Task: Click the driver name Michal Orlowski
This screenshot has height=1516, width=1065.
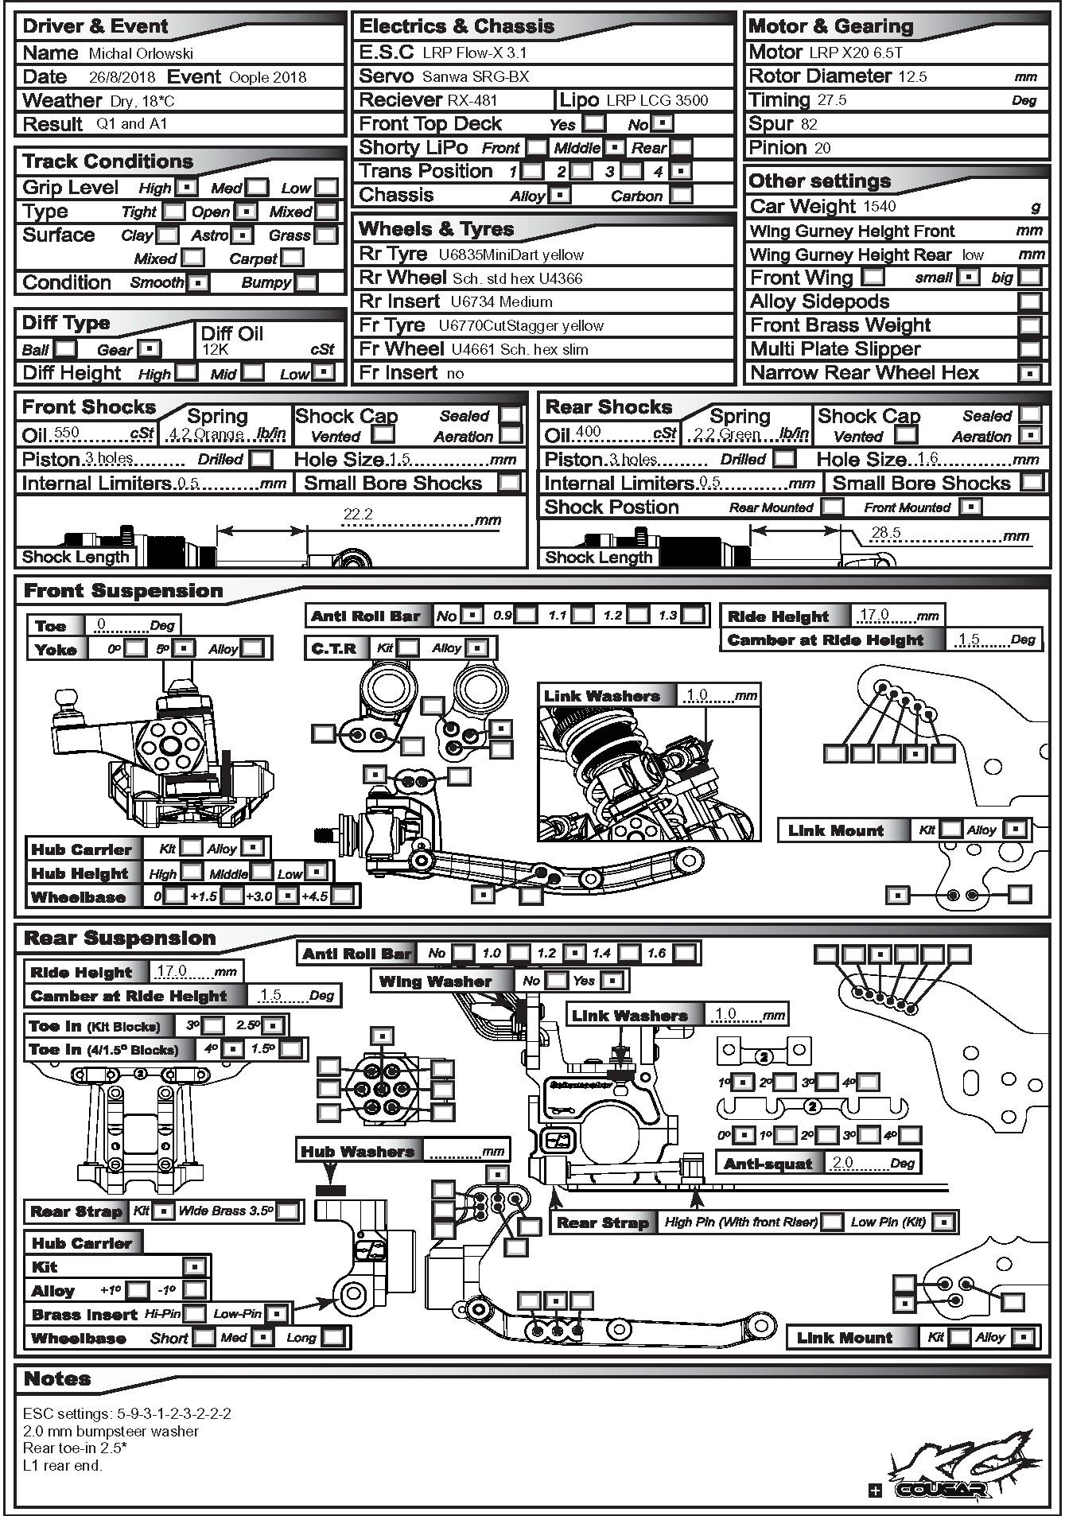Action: pyautogui.click(x=141, y=54)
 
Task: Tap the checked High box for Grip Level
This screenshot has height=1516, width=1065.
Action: pyautogui.click(x=186, y=188)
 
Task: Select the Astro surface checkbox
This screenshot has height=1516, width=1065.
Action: pyautogui.click(x=242, y=235)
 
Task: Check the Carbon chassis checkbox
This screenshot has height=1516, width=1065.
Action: pyautogui.click(x=681, y=195)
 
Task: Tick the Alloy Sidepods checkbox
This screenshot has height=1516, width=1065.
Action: pyautogui.click(x=1030, y=302)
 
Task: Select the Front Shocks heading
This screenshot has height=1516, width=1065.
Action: pyautogui.click(x=89, y=407)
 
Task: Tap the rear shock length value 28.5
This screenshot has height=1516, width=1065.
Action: pyautogui.click(x=886, y=533)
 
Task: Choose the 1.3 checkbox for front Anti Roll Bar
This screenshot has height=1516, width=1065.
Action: pyautogui.click(x=693, y=615)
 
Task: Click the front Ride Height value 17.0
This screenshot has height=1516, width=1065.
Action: pyautogui.click(x=874, y=615)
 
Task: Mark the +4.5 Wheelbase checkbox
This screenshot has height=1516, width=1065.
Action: pyautogui.click(x=342, y=896)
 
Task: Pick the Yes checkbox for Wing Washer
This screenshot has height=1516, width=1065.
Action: pyautogui.click(x=612, y=981)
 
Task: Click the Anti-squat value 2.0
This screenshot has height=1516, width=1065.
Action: pyautogui.click(x=843, y=1163)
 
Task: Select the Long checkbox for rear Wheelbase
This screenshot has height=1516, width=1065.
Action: pyautogui.click(x=333, y=1337)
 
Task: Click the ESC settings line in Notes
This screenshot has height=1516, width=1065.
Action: pyautogui.click(x=127, y=1413)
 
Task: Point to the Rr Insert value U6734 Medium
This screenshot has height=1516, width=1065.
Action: pyautogui.click(x=501, y=302)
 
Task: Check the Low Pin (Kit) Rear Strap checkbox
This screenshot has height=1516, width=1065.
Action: pyautogui.click(x=943, y=1222)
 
